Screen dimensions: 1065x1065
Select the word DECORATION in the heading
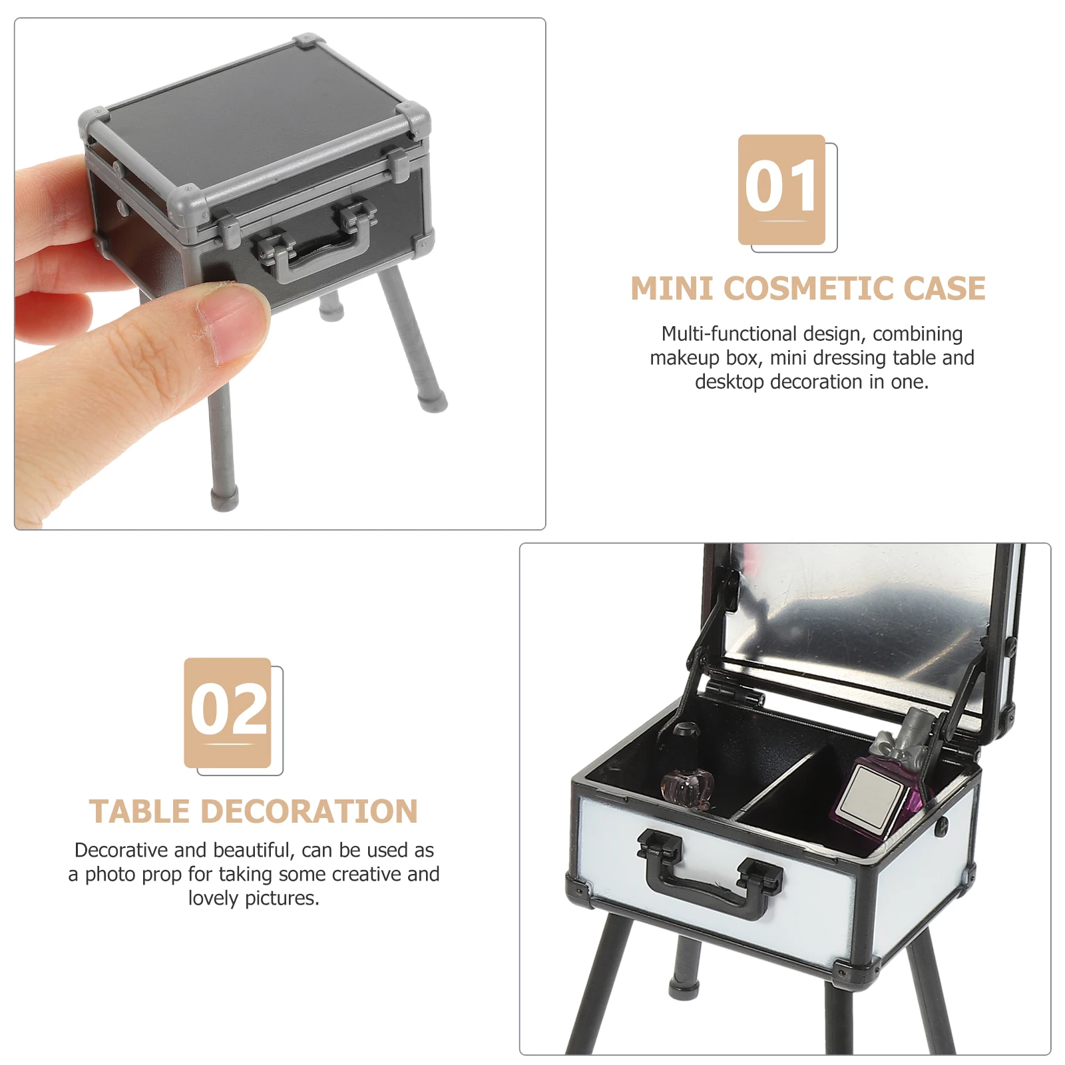click(309, 812)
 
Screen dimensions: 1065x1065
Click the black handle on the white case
click(710, 873)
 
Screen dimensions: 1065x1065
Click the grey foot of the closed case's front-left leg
click(224, 499)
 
